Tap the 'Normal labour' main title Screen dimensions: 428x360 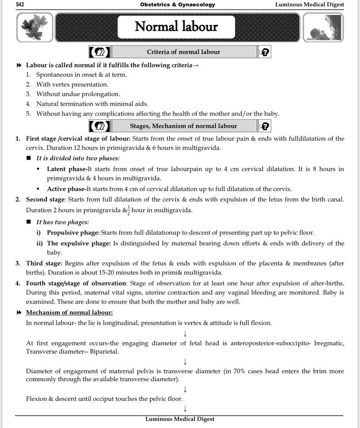[176, 27]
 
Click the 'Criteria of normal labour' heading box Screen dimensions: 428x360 [184, 52]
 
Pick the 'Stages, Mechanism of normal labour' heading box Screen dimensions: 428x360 [184, 126]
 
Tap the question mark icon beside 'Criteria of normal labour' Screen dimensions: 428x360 [265, 52]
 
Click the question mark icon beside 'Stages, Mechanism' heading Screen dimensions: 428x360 [265, 126]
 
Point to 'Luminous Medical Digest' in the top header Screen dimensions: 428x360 [310, 4]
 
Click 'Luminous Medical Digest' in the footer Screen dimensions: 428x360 [180, 419]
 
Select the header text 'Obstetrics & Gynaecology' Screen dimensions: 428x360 [177, 4]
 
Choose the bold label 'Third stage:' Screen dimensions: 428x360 [44, 263]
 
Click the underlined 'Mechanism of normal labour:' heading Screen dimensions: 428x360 [69, 312]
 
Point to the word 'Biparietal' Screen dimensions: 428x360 [104, 352]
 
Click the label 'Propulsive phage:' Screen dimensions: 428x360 [73, 233]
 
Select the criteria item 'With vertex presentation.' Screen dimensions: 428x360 [72, 85]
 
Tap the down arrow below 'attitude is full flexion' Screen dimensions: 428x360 [185, 333]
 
